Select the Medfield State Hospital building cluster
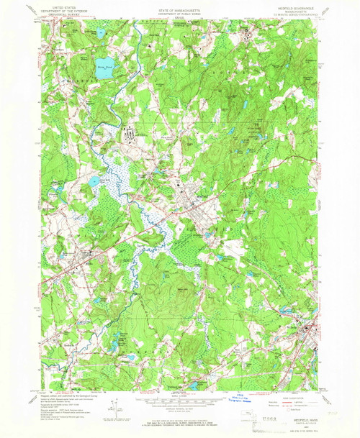[132, 134]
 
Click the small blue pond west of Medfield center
[94, 181]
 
